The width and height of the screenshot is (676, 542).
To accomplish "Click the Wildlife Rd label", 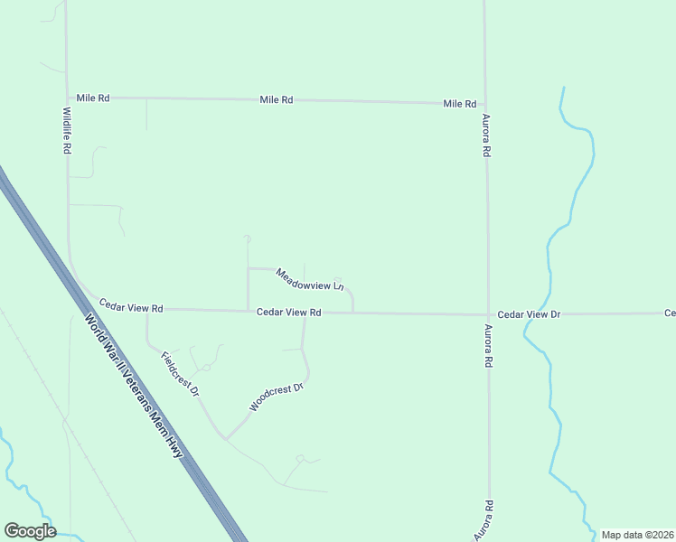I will (67, 131).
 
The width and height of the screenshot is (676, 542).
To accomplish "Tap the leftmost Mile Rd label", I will (93, 98).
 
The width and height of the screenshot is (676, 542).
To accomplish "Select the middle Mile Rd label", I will (276, 100).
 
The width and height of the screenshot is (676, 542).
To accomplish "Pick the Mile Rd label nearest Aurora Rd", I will (459, 104).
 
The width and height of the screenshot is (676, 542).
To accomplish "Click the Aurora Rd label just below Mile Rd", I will (486, 136).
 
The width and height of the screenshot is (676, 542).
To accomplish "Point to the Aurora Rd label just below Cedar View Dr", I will (488, 345).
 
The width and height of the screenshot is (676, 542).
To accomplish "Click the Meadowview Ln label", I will (310, 280).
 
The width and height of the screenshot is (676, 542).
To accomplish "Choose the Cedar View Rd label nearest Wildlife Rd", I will (131, 308).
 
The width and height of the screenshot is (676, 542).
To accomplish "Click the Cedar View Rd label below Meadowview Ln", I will (289, 313).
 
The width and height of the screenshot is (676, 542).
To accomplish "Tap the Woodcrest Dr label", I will (275, 397).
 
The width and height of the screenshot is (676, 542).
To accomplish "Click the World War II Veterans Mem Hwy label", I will (140, 390).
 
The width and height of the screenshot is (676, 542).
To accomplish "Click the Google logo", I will (30, 531).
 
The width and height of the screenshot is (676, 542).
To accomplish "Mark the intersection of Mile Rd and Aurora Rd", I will (485, 104).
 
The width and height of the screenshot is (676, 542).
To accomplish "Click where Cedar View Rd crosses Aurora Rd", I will (488, 314).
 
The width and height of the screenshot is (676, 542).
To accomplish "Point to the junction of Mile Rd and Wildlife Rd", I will (68, 98).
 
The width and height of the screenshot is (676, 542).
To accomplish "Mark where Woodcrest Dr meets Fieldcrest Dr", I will (226, 438).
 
